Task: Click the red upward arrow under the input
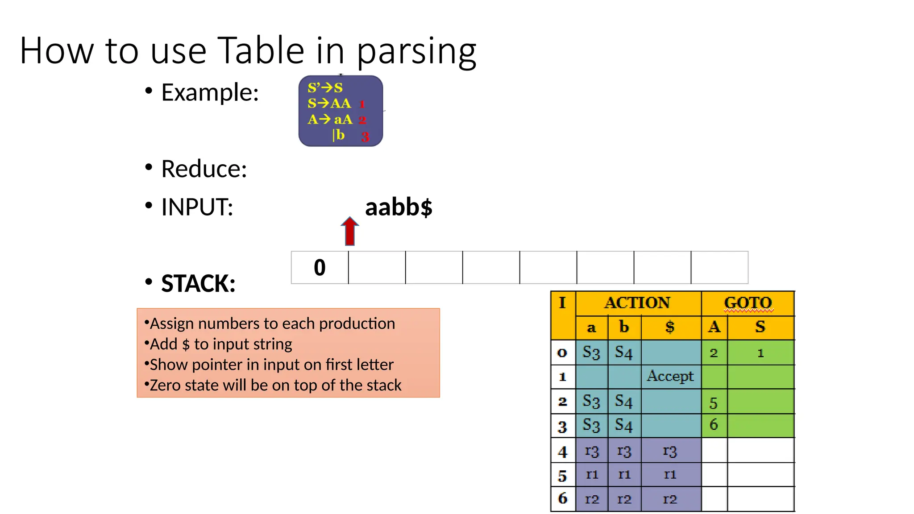click(350, 231)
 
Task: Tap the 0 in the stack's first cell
click(320, 268)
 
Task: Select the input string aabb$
click(399, 207)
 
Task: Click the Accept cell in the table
click(670, 376)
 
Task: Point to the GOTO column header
click(748, 303)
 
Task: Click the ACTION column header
click(637, 303)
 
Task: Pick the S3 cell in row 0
click(591, 352)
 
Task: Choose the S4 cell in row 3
click(624, 425)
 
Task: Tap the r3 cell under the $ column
click(670, 451)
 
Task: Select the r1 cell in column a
click(592, 475)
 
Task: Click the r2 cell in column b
click(624, 499)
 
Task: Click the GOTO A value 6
click(714, 425)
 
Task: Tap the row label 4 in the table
click(563, 452)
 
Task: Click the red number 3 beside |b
click(365, 137)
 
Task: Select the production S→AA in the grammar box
click(329, 104)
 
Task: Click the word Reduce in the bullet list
click(204, 169)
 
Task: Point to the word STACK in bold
click(198, 284)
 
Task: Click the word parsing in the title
click(416, 51)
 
